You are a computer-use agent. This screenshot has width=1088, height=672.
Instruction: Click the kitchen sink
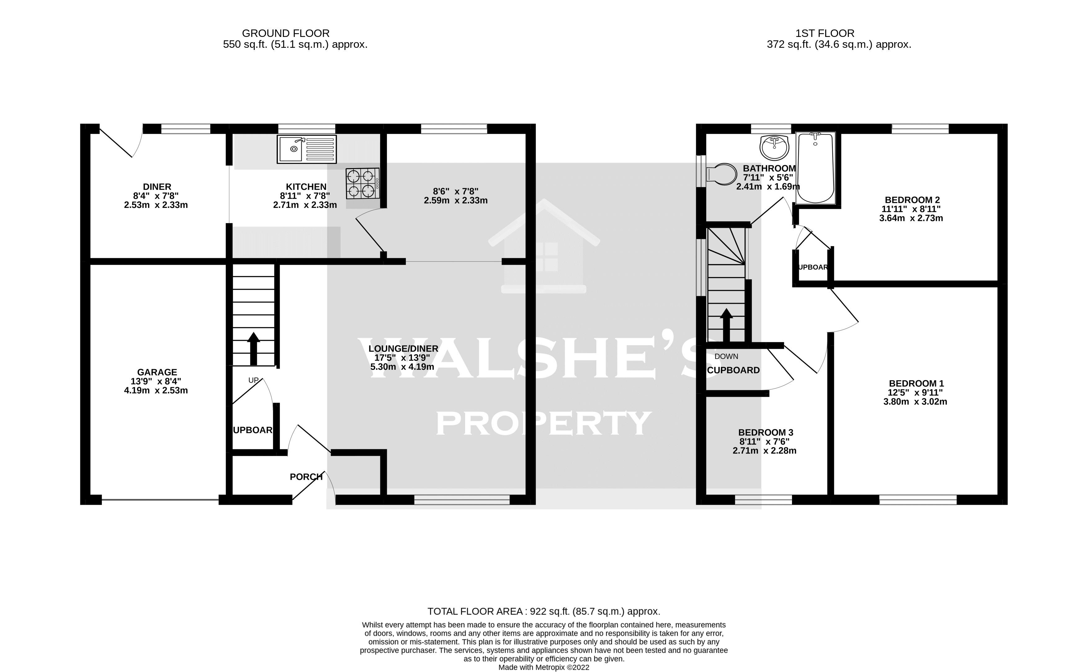tap(307, 149)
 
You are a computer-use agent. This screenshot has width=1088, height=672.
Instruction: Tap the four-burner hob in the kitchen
tap(362, 183)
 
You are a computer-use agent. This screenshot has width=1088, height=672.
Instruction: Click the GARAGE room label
tap(157, 372)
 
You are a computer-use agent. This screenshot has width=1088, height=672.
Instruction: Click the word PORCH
tap(306, 477)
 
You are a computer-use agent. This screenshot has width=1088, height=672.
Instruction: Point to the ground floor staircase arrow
tap(254, 348)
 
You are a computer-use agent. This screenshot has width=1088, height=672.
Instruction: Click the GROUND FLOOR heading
tap(285, 33)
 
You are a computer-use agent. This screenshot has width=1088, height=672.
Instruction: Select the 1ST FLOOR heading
tap(824, 33)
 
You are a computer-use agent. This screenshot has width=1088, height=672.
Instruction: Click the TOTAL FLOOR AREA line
tap(544, 612)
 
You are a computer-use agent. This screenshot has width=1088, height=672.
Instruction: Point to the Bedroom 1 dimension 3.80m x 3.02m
tap(915, 402)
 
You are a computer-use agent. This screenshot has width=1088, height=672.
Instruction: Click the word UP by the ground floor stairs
tap(253, 380)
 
